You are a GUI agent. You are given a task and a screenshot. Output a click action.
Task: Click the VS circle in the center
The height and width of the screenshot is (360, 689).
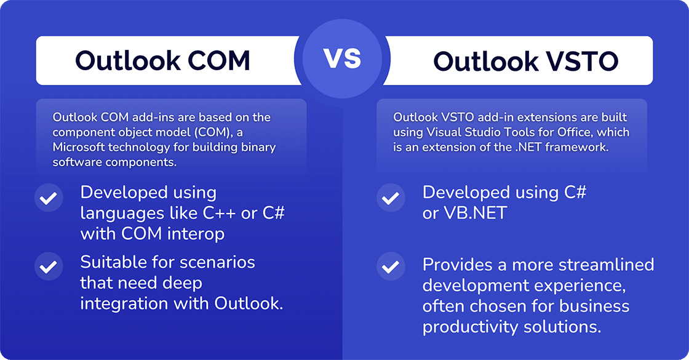343,60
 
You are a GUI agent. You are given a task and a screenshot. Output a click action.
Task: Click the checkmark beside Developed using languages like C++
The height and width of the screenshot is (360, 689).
49,199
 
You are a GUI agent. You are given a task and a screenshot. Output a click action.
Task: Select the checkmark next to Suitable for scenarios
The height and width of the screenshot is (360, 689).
49,268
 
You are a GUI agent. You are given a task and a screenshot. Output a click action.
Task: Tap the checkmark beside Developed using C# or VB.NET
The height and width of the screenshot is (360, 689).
389,199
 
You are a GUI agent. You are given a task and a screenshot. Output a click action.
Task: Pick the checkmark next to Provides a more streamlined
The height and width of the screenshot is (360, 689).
389,268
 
